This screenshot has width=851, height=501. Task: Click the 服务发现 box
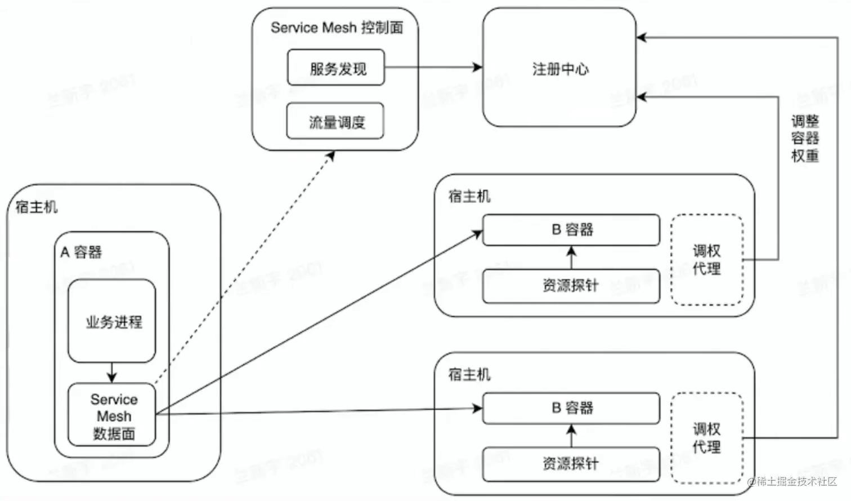[336, 68]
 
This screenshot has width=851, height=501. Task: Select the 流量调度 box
[335, 121]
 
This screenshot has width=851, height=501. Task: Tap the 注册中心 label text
[560, 69]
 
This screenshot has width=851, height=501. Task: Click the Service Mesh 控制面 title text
[337, 28]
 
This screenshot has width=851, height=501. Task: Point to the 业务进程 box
[112, 321]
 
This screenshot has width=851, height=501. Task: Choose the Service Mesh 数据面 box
[112, 416]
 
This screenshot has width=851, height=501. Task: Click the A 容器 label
[82, 252]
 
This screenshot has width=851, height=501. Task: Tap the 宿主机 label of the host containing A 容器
[37, 207]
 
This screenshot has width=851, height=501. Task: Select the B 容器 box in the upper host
[571, 230]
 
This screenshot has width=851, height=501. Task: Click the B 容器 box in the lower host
[571, 408]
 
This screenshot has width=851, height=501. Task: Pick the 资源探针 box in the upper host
[571, 286]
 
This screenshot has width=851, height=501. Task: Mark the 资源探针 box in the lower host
[571, 464]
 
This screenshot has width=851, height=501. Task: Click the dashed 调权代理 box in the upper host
[707, 260]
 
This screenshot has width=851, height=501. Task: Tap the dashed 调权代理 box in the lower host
[707, 438]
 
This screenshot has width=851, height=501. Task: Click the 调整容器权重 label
[805, 138]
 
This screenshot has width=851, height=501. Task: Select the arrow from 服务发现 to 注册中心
[433, 68]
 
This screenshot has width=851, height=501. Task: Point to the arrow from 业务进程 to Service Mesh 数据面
[111, 373]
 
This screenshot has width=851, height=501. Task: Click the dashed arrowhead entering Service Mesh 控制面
[332, 156]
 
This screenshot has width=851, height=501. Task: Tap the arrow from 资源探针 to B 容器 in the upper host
[571, 258]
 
